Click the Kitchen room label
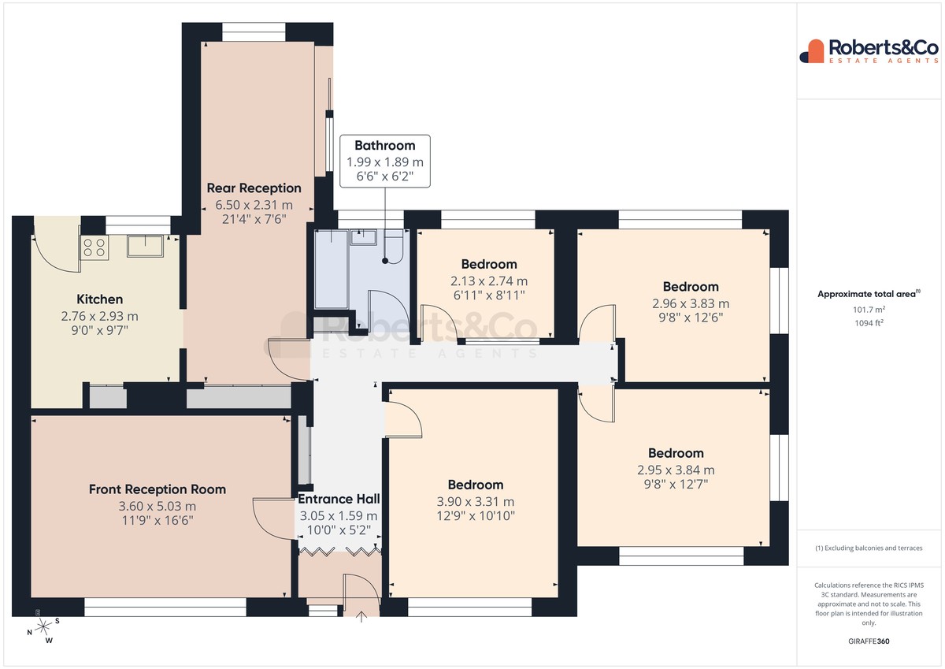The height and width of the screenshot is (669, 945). pyautogui.click(x=99, y=299)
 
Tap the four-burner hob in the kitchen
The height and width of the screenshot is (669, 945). pyautogui.click(x=94, y=247)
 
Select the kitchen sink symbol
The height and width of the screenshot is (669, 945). pyautogui.click(x=145, y=247)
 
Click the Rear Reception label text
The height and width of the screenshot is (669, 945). pyautogui.click(x=254, y=188)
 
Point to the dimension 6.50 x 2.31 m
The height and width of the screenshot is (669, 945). pyautogui.click(x=254, y=205)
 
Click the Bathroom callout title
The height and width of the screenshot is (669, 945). pyautogui.click(x=385, y=146)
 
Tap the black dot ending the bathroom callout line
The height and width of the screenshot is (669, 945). pyautogui.click(x=385, y=261)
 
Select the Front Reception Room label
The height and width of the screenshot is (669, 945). pyautogui.click(x=157, y=489)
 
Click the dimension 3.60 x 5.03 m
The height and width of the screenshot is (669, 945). pyautogui.click(x=157, y=506)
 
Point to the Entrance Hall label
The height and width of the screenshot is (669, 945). pyautogui.click(x=339, y=499)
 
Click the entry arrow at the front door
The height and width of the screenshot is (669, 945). pyautogui.click(x=361, y=617)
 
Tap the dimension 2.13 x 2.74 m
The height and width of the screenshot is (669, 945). pyautogui.click(x=489, y=281)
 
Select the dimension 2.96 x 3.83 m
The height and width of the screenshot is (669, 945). pyautogui.click(x=691, y=303)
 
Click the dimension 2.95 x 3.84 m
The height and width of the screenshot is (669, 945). pyautogui.click(x=676, y=470)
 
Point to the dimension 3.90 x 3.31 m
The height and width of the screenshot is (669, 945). pyautogui.click(x=476, y=502)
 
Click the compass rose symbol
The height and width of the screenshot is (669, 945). pyautogui.click(x=43, y=628)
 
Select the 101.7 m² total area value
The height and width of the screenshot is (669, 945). pyautogui.click(x=869, y=310)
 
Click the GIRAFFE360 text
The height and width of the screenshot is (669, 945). pyautogui.click(x=869, y=641)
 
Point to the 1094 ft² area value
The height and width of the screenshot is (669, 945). pyautogui.click(x=869, y=323)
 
